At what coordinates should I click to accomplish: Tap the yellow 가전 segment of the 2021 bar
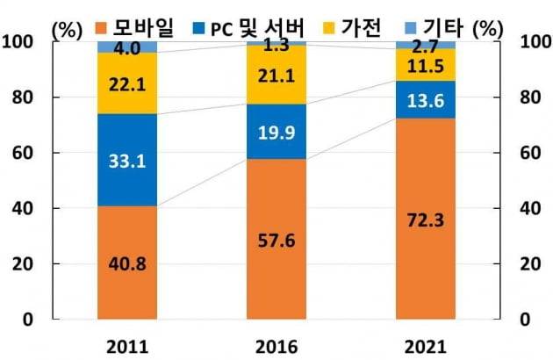coord(425,65)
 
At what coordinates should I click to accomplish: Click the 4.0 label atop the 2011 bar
coord(128,47)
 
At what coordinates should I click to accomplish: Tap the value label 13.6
coord(426,100)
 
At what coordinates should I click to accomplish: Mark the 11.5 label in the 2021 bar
coord(426,66)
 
